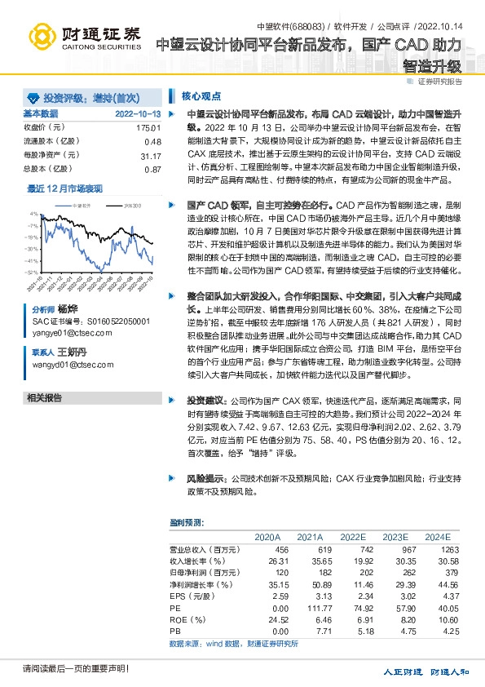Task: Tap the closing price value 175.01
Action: pos(148,128)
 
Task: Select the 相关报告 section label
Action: pos(44,397)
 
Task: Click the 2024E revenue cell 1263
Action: pos(439,551)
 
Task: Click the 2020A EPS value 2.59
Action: pos(269,596)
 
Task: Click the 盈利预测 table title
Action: pos(183,522)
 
